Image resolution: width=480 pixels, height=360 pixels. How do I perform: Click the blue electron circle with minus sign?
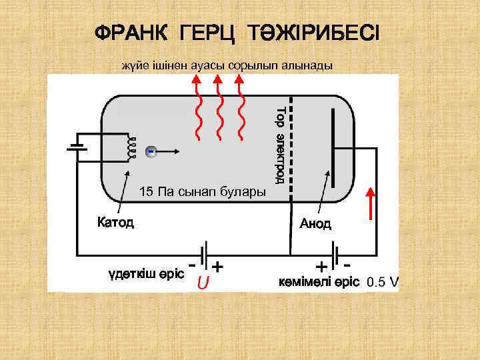pyautogui.click(x=151, y=151)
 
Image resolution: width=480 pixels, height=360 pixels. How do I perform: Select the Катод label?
pyautogui.click(x=115, y=222)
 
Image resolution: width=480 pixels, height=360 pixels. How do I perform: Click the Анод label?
pyautogui.click(x=315, y=223)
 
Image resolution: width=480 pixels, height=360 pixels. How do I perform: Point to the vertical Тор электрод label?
pyautogui.click(x=281, y=144)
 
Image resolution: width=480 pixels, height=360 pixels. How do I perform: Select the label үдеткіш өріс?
pyautogui.click(x=146, y=274)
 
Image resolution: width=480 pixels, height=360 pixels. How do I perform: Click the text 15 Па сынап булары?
pyautogui.click(x=202, y=193)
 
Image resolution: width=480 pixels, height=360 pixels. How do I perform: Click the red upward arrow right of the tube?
pyautogui.click(x=371, y=207)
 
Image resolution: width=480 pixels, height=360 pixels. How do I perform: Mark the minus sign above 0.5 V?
pyautogui.click(x=348, y=265)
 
